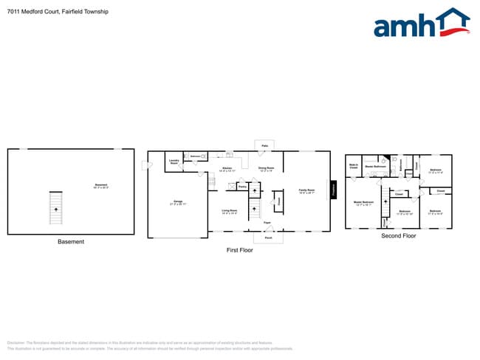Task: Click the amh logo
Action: [x=421, y=24]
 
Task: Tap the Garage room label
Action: [x=177, y=201]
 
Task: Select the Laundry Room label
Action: [x=174, y=161]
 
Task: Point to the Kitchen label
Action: [x=227, y=169]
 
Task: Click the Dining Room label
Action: [x=267, y=169]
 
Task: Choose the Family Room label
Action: [x=307, y=191]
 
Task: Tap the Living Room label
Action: [x=230, y=211]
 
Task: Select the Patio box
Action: [x=264, y=145]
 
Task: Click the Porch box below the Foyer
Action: [x=268, y=238]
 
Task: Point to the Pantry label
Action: [x=242, y=187]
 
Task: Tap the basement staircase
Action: [x=55, y=208]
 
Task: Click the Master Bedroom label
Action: [x=363, y=203]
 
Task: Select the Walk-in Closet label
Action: [x=353, y=167]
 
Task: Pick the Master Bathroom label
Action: [x=376, y=167]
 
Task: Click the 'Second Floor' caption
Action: [x=399, y=236]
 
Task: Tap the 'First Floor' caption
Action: [x=239, y=250]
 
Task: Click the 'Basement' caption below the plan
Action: [x=71, y=242]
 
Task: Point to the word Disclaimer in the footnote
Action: [x=16, y=343]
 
